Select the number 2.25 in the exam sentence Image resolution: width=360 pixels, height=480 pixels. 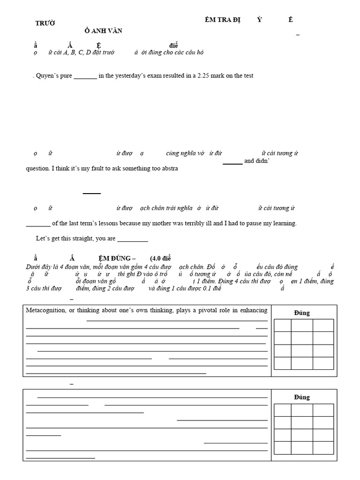[x=203, y=76]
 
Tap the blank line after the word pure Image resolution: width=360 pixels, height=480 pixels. [x=85, y=77]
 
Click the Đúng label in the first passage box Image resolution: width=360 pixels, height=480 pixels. [x=302, y=313]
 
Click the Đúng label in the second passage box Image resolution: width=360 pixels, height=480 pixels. [x=302, y=397]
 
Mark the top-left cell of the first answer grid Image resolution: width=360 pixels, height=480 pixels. [x=283, y=325]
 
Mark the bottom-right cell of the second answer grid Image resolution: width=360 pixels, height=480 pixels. [x=323, y=448]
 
